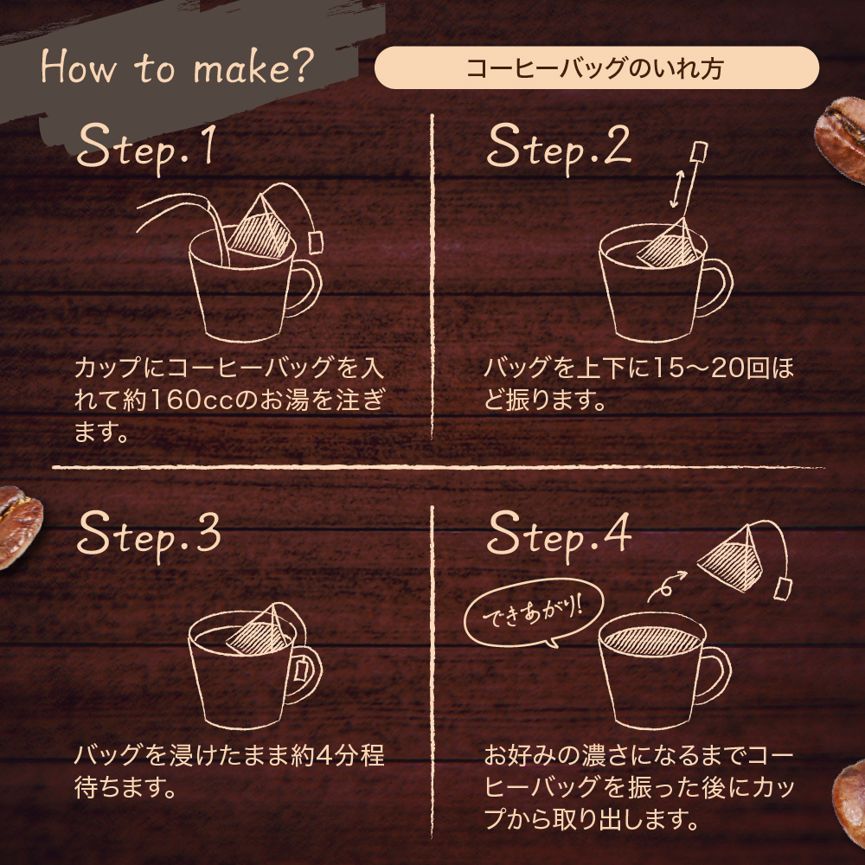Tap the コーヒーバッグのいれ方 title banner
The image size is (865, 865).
click(x=596, y=68)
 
